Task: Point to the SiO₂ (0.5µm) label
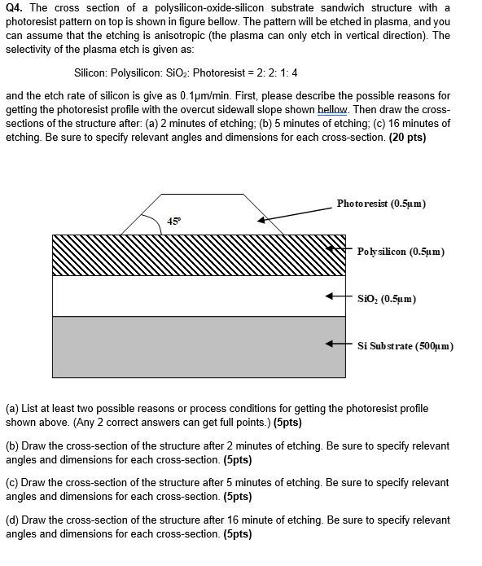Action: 388,299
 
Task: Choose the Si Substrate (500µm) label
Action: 405,345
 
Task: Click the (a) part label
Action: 12,407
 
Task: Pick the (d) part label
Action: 12,520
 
